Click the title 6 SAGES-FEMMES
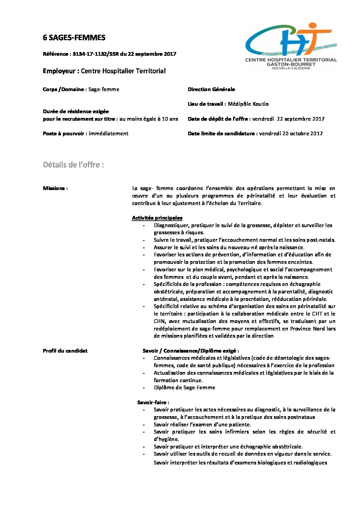click(74, 38)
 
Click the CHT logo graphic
click(291, 39)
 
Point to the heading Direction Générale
click(211, 89)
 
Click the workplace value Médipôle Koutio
click(248, 104)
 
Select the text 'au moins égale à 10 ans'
click(149, 119)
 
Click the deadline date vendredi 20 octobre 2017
click(291, 134)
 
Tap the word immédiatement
click(109, 134)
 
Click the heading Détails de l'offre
click(73, 165)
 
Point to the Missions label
click(55, 188)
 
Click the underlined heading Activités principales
click(157, 218)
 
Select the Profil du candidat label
click(65, 351)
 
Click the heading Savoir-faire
click(153, 403)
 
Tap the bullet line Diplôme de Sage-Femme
click(184, 388)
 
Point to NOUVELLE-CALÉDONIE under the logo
click(291, 68)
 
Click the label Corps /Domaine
click(64, 89)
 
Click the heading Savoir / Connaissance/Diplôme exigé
click(191, 351)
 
